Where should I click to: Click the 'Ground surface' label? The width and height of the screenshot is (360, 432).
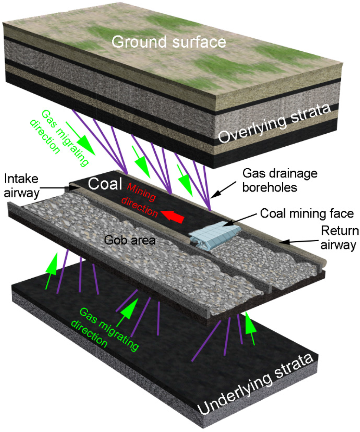[x=169, y=42]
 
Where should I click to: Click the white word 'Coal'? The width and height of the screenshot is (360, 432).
[x=105, y=184]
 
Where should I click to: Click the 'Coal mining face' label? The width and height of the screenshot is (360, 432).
[x=307, y=213]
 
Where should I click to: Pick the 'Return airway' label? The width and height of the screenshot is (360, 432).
[x=340, y=238]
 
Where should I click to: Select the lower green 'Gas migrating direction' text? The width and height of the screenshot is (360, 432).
[x=105, y=327]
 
